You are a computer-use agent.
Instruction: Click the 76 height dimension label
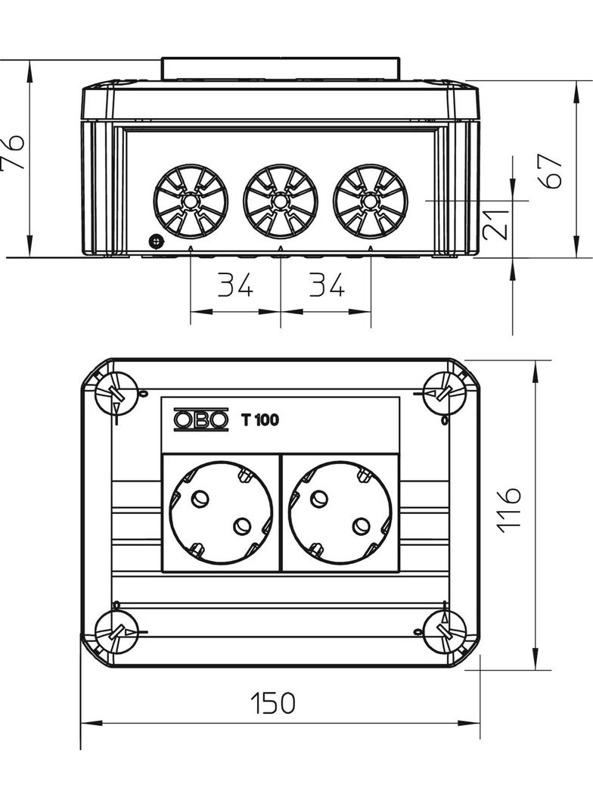[x=14, y=154]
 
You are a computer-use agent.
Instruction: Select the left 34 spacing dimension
[x=235, y=285]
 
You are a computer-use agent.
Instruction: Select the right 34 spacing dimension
[x=326, y=285]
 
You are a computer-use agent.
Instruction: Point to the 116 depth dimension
[x=510, y=510]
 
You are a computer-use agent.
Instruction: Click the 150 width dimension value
[x=273, y=703]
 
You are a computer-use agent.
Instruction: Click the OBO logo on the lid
[x=200, y=419]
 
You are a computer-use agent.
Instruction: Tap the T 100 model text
[x=259, y=420]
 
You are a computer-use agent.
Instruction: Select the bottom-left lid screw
[x=115, y=632]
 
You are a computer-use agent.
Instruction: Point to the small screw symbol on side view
[x=155, y=241]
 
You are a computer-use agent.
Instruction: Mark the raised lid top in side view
[x=281, y=68]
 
